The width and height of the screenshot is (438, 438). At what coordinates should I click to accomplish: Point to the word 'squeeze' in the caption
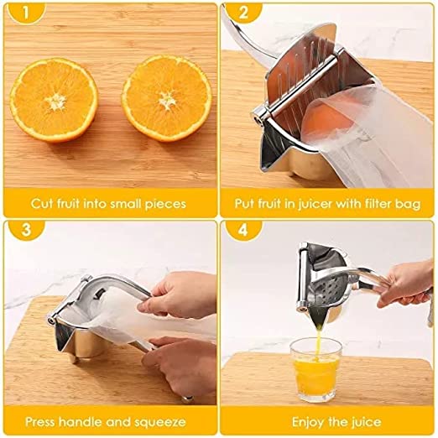161,421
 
